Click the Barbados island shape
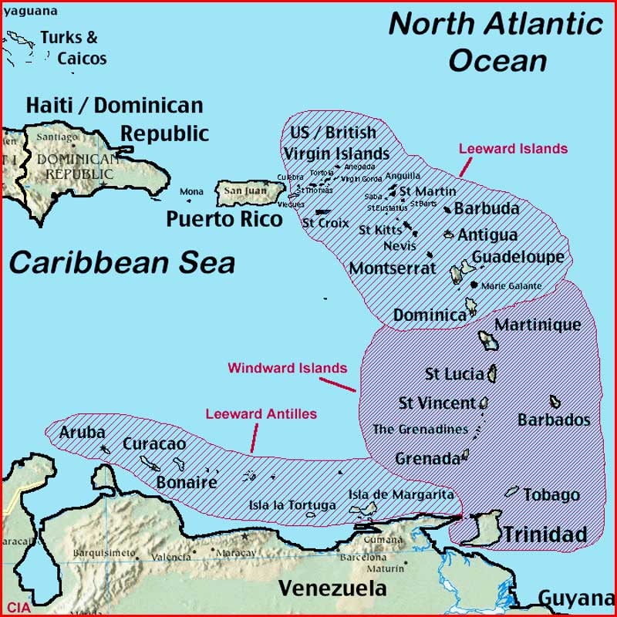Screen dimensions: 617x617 [555, 402]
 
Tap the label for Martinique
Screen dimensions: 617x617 [538, 325]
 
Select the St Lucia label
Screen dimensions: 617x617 [454, 374]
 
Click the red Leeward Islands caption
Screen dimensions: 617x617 [513, 149]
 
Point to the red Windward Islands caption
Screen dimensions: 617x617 [287, 368]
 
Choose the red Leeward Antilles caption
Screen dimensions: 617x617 [261, 414]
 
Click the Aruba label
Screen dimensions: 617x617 [82, 432]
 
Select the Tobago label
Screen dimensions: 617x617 [551, 495]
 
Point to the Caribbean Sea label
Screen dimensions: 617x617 [122, 262]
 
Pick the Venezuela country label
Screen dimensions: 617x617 [332, 588]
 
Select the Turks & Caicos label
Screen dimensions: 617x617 [72, 47]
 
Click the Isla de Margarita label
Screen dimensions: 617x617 [400, 494]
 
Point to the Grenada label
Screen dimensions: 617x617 [427, 459]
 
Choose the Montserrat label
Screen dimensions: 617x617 [393, 268]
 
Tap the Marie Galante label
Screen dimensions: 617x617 [511, 285]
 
